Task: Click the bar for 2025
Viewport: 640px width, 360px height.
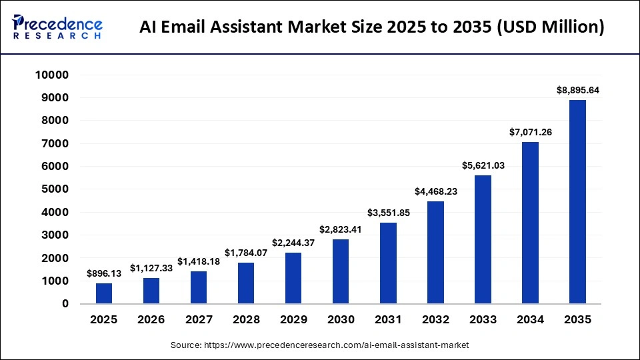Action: tap(104, 293)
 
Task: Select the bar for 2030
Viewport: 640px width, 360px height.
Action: tap(341, 271)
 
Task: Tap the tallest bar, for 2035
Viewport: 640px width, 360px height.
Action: tap(577, 202)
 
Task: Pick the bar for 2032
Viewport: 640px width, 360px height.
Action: tap(435, 253)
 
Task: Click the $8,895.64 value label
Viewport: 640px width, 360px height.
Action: tap(577, 90)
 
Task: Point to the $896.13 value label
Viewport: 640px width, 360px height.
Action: tap(104, 273)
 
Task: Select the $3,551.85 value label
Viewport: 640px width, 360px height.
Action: tap(388, 213)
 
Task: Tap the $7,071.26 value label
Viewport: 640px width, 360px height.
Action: tap(530, 132)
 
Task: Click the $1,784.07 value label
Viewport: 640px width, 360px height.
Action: tap(246, 253)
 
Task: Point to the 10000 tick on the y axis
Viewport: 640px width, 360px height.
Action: tap(52, 75)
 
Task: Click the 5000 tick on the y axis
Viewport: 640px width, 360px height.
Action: tap(56, 189)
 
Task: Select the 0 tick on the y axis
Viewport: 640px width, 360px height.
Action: tap(65, 304)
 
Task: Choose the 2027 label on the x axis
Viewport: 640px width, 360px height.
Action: tap(199, 320)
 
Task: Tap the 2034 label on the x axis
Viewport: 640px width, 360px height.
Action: tap(530, 320)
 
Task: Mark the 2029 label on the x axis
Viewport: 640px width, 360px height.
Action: tap(293, 320)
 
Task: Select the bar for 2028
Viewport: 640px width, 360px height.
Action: tap(246, 283)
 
